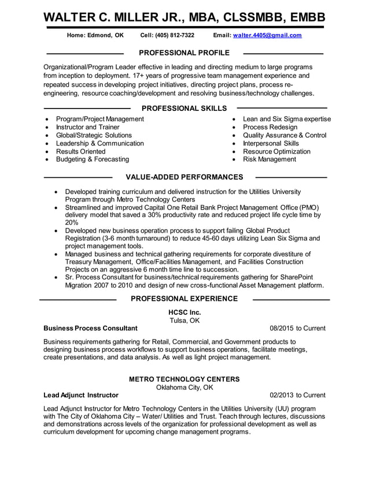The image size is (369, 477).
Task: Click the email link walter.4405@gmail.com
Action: pyautogui.click(x=267, y=35)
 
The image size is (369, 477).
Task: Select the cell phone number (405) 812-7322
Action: pyautogui.click(x=175, y=35)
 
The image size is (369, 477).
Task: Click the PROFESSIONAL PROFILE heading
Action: pyautogui.click(x=184, y=53)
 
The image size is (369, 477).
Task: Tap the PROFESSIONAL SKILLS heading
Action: pyautogui.click(x=184, y=108)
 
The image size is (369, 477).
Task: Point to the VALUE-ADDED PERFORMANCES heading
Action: pyautogui.click(x=184, y=177)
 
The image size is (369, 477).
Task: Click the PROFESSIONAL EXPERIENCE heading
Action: pyautogui.click(x=184, y=299)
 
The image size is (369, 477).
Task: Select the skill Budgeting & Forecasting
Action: pyautogui.click(x=93, y=159)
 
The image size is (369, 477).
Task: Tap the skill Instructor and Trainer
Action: pyautogui.click(x=88, y=127)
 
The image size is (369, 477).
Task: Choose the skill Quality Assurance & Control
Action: pyautogui.click(x=285, y=135)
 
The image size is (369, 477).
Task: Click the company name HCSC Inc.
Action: pyautogui.click(x=184, y=312)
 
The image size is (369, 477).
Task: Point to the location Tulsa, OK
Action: pyautogui.click(x=184, y=321)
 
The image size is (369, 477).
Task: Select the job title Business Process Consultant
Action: pyautogui.click(x=91, y=329)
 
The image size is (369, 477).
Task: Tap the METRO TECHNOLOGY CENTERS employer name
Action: pyautogui.click(x=184, y=379)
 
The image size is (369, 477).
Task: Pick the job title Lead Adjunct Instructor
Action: pyautogui.click(x=81, y=396)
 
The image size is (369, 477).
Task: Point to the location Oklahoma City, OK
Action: pyautogui.click(x=184, y=387)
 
